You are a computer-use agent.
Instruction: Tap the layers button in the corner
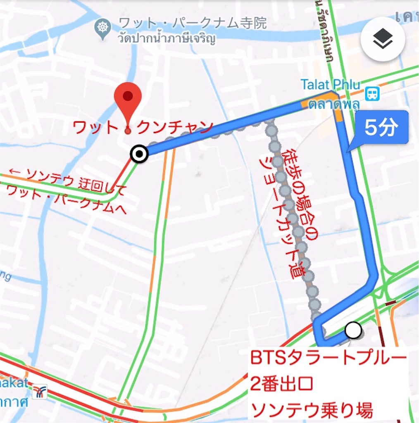tap(382, 40)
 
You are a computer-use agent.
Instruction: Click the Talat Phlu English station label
tap(325, 85)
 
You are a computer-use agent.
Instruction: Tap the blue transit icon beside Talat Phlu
tap(372, 94)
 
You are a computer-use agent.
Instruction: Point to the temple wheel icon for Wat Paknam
tap(103, 28)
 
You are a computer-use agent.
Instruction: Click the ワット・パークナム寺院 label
tap(192, 23)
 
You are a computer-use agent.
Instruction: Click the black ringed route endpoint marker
tap(139, 154)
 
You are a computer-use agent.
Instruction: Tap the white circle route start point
tap(353, 330)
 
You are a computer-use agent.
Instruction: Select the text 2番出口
tap(282, 385)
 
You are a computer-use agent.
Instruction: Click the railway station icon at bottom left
tap(40, 391)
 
